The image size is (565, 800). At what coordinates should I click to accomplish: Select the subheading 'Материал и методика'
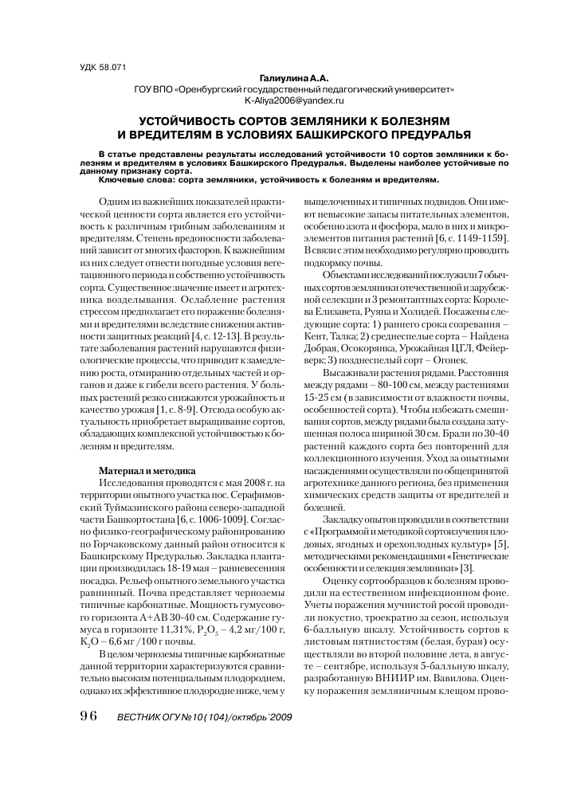click(x=147, y=470)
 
